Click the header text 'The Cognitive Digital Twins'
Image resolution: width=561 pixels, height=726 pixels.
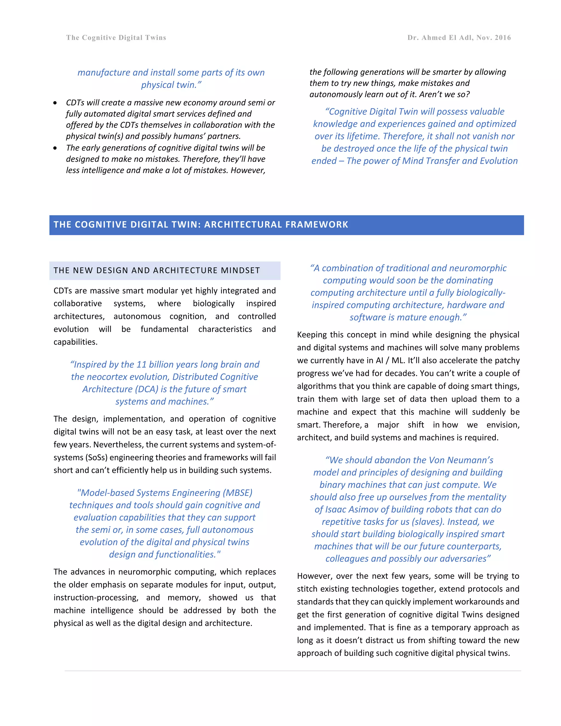[x=116, y=38]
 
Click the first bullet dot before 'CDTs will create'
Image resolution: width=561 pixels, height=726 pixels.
[x=55, y=103]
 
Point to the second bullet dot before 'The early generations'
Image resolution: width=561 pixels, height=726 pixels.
[x=55, y=148]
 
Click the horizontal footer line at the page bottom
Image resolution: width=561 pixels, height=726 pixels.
[x=293, y=671]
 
